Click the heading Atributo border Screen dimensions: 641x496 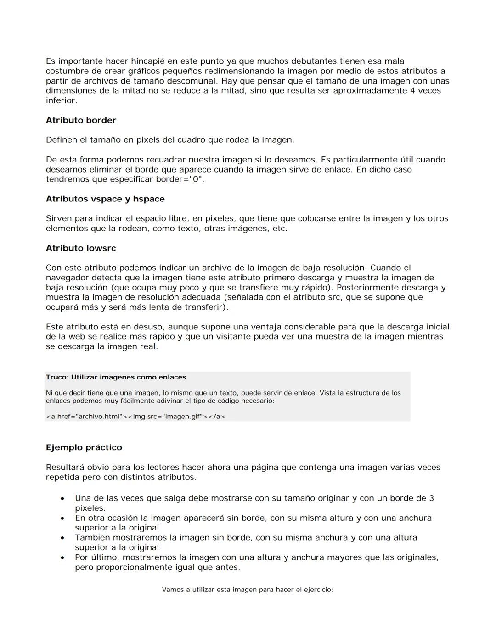point(81,120)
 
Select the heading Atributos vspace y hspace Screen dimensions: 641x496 point(105,199)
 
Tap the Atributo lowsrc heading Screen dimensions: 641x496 point(81,248)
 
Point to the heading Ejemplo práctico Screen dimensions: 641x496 point(84,447)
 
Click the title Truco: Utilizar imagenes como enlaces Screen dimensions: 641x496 point(116,377)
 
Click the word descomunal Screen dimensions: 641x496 point(191,81)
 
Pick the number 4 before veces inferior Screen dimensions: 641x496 point(412,90)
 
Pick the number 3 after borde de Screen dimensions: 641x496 point(431,498)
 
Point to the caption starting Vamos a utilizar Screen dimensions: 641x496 point(247,590)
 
